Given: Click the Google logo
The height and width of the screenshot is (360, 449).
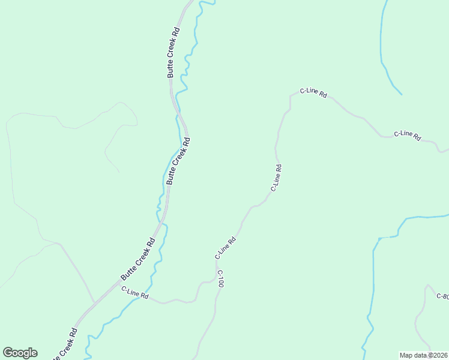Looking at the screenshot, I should tap(20, 353).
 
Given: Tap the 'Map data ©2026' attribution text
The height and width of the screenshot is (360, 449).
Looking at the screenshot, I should tap(423, 355).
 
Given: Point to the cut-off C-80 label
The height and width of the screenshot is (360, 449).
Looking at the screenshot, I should tap(442, 296).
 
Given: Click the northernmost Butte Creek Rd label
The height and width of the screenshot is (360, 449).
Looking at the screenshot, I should tap(173, 52).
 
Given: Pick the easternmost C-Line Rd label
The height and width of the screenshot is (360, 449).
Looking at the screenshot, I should tap(408, 136).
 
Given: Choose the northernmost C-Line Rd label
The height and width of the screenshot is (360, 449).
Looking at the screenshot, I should tap(313, 92).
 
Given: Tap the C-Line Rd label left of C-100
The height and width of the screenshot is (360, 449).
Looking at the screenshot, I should tap(134, 293).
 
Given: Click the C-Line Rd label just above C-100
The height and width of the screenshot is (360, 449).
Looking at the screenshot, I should tap(226, 248).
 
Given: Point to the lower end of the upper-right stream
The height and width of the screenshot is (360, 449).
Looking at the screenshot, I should tap(401, 94).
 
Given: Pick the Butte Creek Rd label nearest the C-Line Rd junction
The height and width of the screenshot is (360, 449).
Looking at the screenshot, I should tap(138, 259).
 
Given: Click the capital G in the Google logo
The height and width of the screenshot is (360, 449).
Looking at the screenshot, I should tap(8, 353).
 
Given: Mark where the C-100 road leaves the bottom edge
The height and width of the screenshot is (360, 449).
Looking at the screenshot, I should tap(196, 358).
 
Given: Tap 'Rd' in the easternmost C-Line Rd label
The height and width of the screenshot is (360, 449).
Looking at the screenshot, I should tap(417, 137).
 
